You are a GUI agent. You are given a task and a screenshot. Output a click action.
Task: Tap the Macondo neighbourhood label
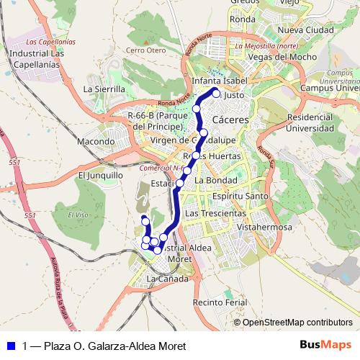click(96, 141)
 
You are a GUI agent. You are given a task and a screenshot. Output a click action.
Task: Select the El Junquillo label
click(101, 175)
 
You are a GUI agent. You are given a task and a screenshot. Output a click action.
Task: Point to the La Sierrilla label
click(104, 89)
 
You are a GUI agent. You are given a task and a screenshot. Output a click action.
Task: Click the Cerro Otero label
click(145, 50)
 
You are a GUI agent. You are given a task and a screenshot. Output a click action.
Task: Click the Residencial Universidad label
click(315, 122)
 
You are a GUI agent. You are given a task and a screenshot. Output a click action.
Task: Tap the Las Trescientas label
click(215, 214)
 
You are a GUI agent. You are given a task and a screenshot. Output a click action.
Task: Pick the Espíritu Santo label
click(240, 196)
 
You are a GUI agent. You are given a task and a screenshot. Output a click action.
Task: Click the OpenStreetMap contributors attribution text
click(297, 323)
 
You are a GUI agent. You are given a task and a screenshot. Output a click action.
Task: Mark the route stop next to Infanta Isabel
click(216, 93)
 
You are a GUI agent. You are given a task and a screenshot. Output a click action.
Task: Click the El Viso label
click(78, 215)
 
